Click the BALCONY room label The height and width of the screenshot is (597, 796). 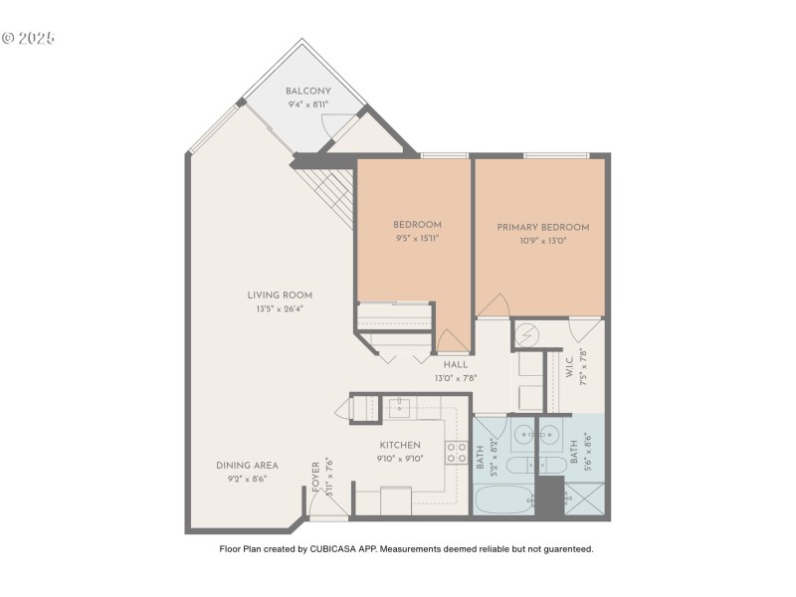tap(308, 91)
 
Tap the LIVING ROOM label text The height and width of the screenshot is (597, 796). tap(281, 295)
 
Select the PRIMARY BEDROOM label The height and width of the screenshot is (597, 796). tap(543, 227)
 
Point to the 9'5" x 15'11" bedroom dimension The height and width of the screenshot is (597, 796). tap(417, 239)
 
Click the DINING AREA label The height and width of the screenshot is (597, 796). tap(247, 465)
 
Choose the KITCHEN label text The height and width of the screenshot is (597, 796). tap(400, 445)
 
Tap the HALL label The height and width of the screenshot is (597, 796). tap(456, 364)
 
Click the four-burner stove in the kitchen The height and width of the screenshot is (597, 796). tap(457, 453)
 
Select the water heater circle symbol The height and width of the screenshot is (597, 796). tap(528, 335)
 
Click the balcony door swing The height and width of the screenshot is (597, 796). tap(336, 128)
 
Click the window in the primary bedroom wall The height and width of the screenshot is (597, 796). tap(553, 155)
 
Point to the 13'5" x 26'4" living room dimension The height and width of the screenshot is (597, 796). tap(281, 307)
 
